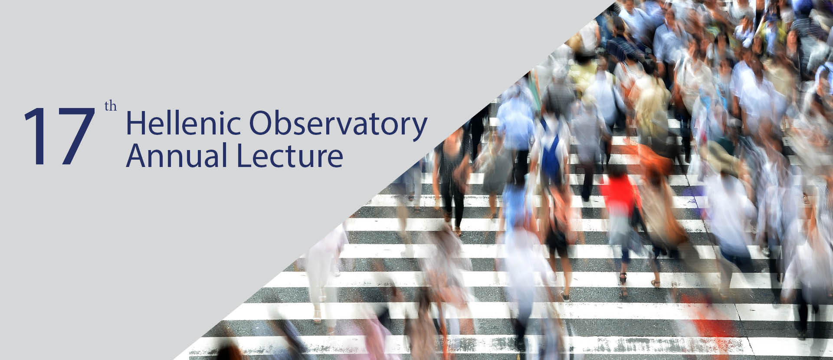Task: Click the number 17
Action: click(x=59, y=136)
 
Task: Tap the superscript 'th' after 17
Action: click(x=111, y=107)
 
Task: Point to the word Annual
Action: click(x=177, y=156)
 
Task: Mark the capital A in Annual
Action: click(x=137, y=156)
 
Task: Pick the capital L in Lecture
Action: click(x=243, y=156)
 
